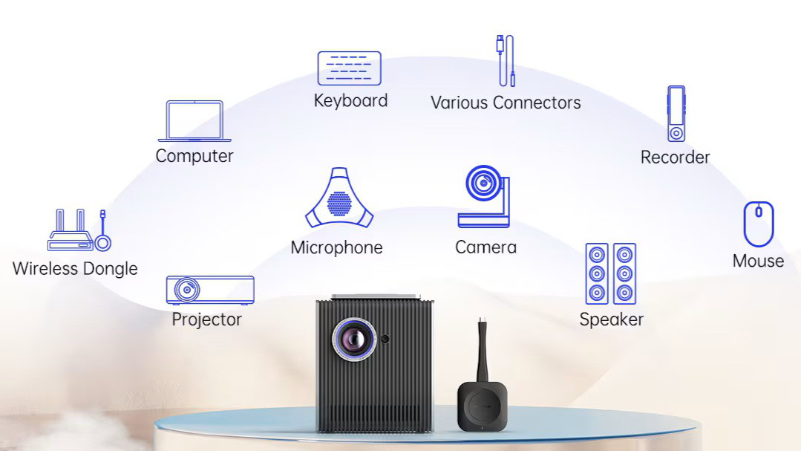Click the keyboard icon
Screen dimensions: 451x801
click(349, 68)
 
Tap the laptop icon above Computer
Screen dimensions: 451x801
click(194, 121)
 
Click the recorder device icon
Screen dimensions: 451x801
click(676, 114)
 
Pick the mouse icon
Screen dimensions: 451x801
click(759, 224)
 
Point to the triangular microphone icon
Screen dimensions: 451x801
click(339, 199)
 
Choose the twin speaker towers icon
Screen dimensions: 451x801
click(610, 273)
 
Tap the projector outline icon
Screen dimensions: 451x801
click(210, 290)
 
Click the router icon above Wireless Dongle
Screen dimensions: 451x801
click(71, 232)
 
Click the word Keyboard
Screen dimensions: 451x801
click(350, 100)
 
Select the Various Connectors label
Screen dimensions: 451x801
click(506, 103)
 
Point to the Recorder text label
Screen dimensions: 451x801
click(675, 157)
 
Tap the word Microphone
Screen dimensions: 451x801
click(336, 247)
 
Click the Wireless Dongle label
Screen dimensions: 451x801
click(75, 268)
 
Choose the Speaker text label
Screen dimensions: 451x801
click(611, 319)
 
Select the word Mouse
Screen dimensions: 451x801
click(758, 261)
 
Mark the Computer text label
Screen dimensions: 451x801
click(194, 156)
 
